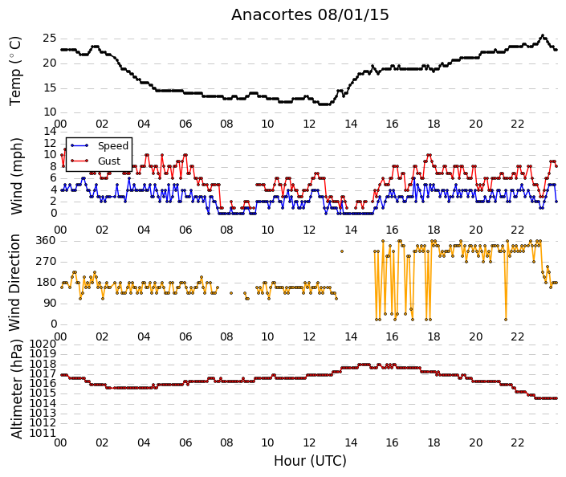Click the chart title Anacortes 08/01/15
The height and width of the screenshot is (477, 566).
pyautogui.click(x=310, y=15)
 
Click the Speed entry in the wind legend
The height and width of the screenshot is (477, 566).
pyautogui.click(x=113, y=146)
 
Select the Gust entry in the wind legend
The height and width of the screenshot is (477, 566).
pyautogui.click(x=109, y=161)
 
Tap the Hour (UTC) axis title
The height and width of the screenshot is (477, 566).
pyautogui.click(x=310, y=461)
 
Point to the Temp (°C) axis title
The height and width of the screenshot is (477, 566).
pyautogui.click(x=15, y=71)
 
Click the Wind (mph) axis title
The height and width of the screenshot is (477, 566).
pyautogui.click(x=16, y=176)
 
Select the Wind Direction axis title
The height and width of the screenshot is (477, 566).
pyautogui.click(x=14, y=283)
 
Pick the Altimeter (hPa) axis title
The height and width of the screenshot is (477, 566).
pyautogui.click(x=16, y=389)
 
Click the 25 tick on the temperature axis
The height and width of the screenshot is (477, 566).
pyautogui.click(x=50, y=39)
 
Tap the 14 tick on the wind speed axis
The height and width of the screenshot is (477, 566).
pyautogui.click(x=50, y=131)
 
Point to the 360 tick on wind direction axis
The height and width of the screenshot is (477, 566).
pyautogui.click(x=46, y=240)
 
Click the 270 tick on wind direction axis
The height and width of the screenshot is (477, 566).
pyautogui.click(x=46, y=262)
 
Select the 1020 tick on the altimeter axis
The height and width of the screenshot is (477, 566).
pyautogui.click(x=43, y=344)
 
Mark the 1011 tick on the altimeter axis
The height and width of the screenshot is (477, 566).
pyautogui.click(x=43, y=433)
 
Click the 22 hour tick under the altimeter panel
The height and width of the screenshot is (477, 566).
pyautogui.click(x=517, y=442)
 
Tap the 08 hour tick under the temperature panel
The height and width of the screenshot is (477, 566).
pyautogui.click(x=226, y=124)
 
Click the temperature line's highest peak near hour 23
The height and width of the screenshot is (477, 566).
pyautogui.click(x=542, y=35)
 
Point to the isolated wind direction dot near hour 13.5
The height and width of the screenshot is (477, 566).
pyautogui.click(x=342, y=251)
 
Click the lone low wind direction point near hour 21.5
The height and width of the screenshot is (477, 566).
pyautogui.click(x=506, y=320)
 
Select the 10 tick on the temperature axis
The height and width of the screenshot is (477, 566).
pyautogui.click(x=50, y=112)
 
